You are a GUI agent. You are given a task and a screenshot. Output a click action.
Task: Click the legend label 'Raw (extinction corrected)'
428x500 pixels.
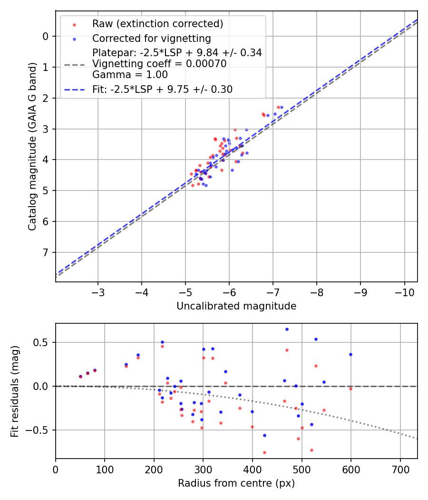[157, 24]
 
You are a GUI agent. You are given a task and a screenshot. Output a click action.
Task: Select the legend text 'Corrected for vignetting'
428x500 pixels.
[152, 38]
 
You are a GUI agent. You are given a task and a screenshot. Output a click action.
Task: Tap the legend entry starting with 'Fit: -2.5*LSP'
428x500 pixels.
[162, 90]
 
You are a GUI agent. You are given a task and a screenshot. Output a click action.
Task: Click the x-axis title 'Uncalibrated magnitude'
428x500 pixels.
[236, 306]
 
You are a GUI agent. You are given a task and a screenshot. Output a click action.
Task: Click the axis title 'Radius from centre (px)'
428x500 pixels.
[236, 483]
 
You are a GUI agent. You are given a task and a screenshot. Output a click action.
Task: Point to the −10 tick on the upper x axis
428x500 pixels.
[404, 290]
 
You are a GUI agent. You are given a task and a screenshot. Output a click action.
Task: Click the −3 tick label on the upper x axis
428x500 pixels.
[98, 290]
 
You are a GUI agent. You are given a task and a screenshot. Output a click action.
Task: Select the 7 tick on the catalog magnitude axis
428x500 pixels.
[46, 252]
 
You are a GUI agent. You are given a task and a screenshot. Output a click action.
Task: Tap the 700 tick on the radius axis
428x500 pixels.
[400, 469]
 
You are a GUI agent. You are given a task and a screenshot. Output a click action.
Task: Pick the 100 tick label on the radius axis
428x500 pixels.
[105, 469]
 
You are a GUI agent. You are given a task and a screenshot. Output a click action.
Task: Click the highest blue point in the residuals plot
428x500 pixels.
[287, 329]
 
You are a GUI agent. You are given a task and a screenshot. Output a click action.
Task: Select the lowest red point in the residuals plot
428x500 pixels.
[264, 452]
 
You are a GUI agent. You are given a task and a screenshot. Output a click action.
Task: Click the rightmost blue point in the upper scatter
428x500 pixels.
[282, 108]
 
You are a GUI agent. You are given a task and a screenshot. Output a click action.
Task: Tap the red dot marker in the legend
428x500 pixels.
[74, 24]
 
